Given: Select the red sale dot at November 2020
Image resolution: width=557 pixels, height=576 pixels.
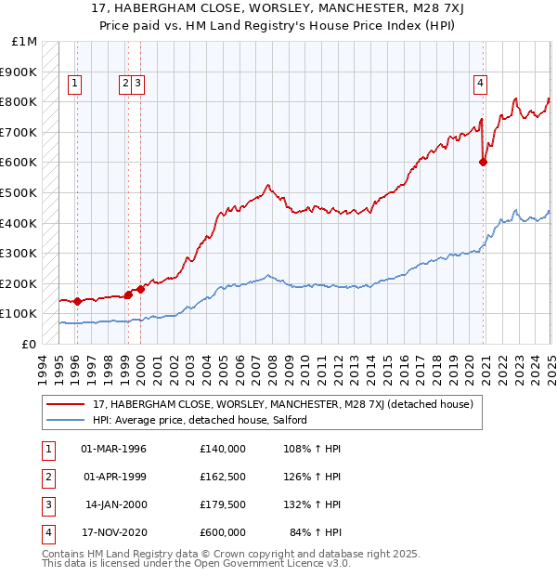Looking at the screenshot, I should (x=484, y=163).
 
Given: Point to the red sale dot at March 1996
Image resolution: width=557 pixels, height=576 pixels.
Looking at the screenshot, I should (x=78, y=301).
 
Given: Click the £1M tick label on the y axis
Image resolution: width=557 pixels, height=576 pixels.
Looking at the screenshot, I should (x=25, y=42).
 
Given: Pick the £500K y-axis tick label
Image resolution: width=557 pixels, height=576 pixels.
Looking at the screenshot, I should (x=20, y=192).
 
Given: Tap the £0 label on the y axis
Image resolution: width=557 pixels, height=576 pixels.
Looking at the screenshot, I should (x=30, y=344).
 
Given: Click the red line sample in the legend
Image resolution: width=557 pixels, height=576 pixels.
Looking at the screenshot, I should (x=65, y=405).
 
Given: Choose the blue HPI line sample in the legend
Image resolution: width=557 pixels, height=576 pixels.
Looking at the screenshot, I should (x=65, y=421).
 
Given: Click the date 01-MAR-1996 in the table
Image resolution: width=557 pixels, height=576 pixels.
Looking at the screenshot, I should (x=114, y=449).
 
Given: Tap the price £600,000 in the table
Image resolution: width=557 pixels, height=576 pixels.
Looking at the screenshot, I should (x=223, y=532).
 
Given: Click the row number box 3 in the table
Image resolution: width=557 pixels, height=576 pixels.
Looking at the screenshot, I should (x=46, y=506).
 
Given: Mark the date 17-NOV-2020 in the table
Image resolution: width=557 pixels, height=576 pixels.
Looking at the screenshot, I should (x=114, y=532).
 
